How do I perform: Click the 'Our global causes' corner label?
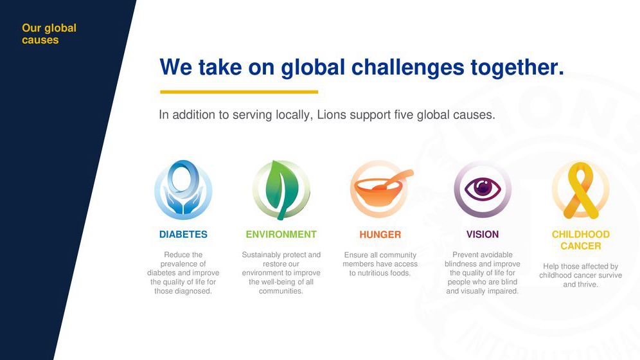[x=49, y=34]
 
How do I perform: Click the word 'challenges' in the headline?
[x=407, y=67]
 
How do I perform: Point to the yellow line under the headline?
[x=239, y=92]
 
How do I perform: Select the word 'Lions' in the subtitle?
[x=332, y=114]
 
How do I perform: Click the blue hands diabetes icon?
[x=183, y=190]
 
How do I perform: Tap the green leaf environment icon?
[x=281, y=190]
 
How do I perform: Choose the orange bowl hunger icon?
[x=381, y=190]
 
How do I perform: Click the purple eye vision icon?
[x=483, y=189]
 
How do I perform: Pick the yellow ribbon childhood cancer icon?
[x=580, y=190]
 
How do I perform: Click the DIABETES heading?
[x=183, y=234]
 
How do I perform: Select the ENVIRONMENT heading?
[x=281, y=234]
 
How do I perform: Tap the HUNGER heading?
[x=380, y=235]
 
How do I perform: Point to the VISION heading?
[x=483, y=234]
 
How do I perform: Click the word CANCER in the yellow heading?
[x=581, y=246]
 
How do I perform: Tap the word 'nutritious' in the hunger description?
[x=374, y=273]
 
